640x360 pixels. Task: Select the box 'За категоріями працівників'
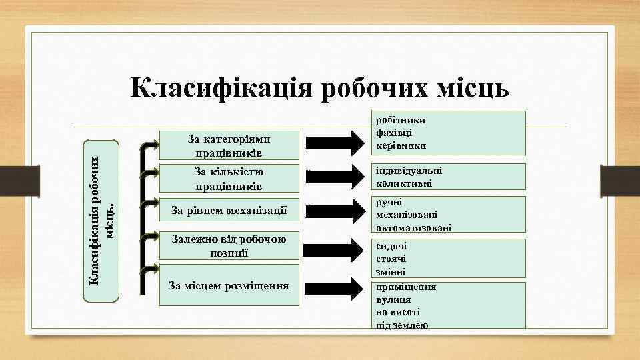point(229,146)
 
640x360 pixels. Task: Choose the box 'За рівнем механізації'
point(229,211)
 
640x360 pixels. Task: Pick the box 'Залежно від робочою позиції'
point(229,245)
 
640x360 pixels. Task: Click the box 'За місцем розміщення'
point(229,286)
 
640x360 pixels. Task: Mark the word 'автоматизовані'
point(413,227)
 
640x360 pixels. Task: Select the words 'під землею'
point(402,325)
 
